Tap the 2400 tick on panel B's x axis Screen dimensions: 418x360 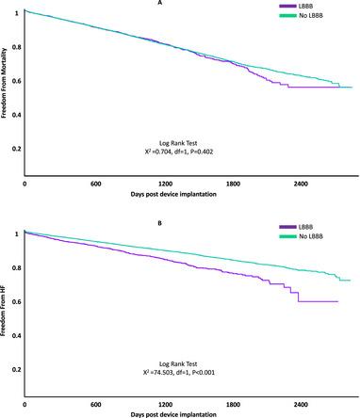tap(302, 403)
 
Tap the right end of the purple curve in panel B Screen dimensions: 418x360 tap(337, 301)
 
